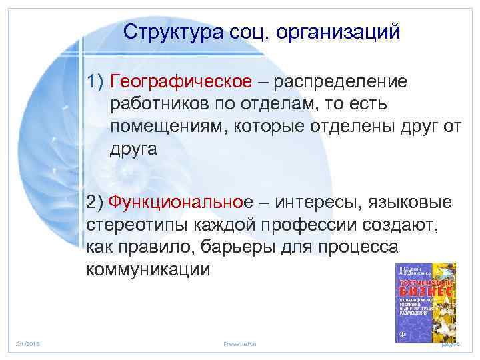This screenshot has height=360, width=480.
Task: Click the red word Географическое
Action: (181, 81)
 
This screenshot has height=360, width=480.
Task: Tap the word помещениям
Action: (167, 127)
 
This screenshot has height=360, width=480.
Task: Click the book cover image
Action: (424, 299)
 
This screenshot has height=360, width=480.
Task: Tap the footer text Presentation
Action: (240, 343)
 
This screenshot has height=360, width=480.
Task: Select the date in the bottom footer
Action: (27, 343)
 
